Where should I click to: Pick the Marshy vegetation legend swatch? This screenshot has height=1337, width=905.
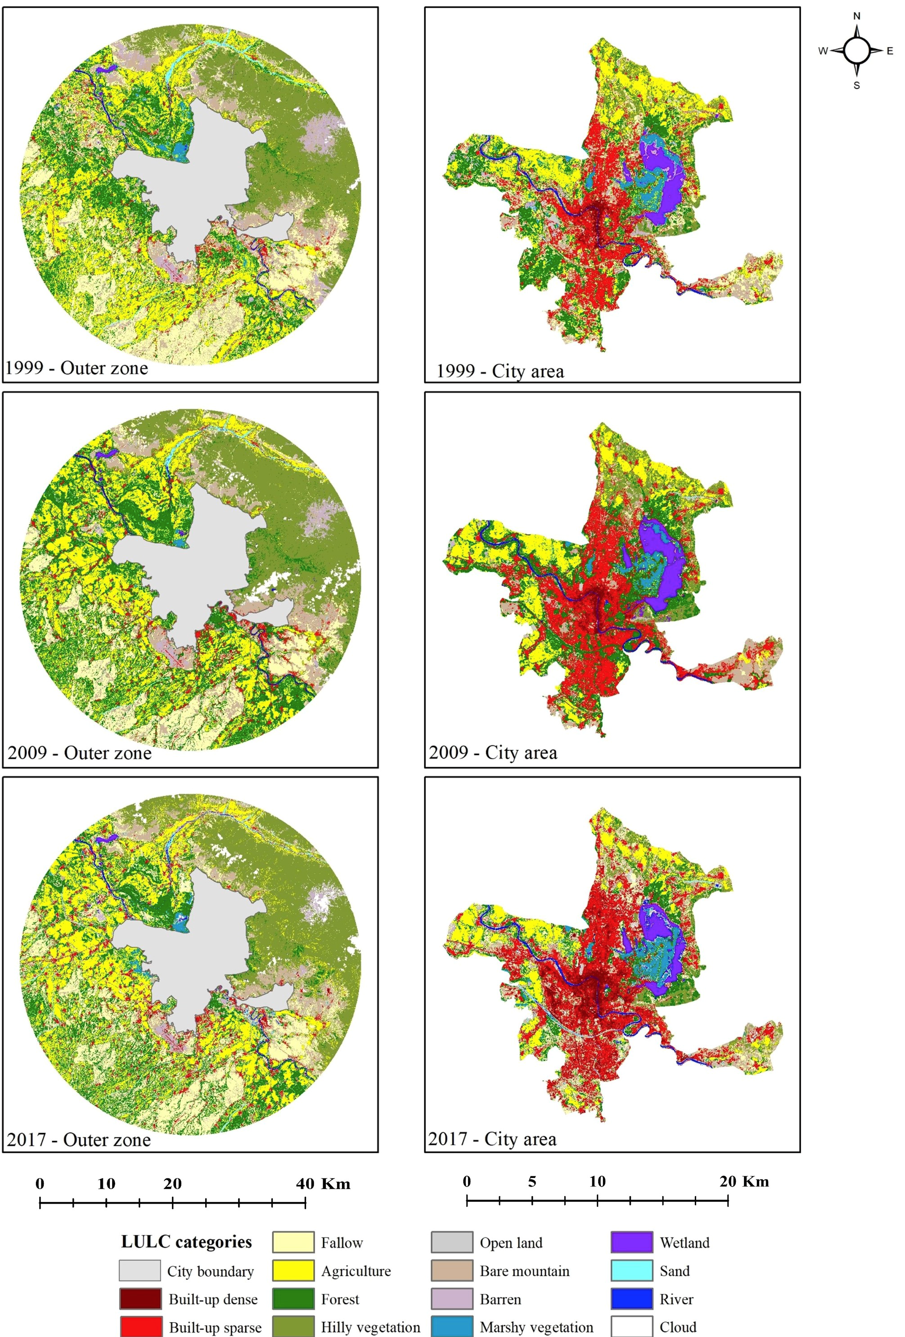452,1326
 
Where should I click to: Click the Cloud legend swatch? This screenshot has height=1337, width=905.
631,1326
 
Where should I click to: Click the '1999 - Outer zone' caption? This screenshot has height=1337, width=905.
77,368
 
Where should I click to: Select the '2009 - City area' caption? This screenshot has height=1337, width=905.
493,752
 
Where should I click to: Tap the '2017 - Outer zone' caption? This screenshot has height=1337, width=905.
79,1139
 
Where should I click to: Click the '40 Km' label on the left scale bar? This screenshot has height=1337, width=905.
323,1183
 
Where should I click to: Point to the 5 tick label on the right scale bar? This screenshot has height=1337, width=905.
532,1181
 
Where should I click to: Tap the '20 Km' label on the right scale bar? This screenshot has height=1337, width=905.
743,1181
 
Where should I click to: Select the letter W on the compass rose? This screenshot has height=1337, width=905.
823,51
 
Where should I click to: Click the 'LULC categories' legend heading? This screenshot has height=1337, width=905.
186,1242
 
